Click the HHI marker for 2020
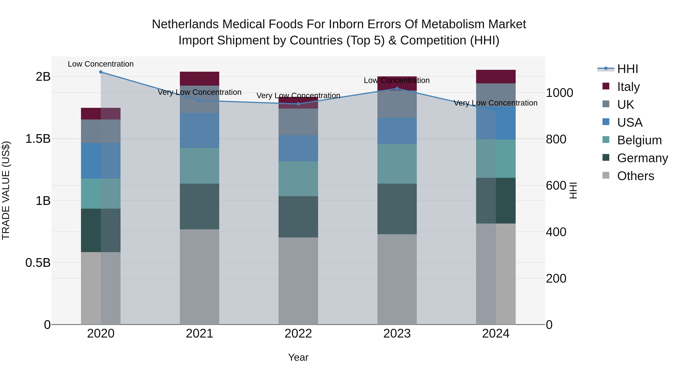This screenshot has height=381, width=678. [101, 72]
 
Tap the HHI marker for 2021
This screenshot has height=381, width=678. [199, 100]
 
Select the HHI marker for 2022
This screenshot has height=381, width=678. [298, 104]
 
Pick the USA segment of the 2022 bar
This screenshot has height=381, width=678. [298, 148]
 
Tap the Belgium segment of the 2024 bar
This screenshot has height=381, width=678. [496, 159]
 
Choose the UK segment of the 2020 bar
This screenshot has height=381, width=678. [101, 131]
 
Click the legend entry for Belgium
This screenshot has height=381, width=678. [639, 140]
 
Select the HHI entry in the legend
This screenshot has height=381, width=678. [627, 69]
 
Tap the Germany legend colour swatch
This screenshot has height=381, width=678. [606, 158]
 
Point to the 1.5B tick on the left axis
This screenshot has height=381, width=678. [38, 138]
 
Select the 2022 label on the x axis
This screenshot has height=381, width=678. [298, 334]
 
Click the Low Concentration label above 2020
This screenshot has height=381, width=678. [101, 64]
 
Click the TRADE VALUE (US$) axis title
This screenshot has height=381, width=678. [6, 190]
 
